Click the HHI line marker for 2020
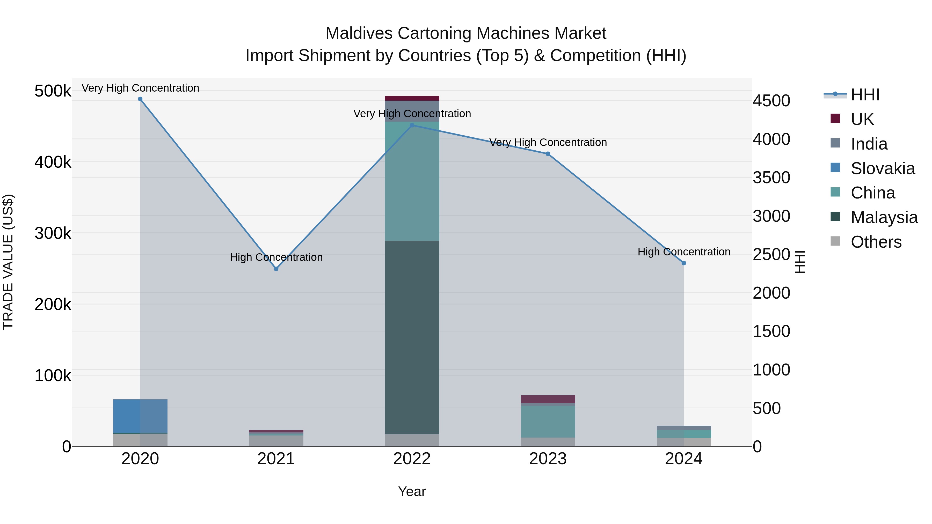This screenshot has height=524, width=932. pyautogui.click(x=140, y=99)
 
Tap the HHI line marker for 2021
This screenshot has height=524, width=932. pyautogui.click(x=276, y=269)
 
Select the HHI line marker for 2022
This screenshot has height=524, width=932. pyautogui.click(x=412, y=126)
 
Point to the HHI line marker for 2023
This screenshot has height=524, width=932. pyautogui.click(x=548, y=154)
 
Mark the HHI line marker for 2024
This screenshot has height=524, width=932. pyautogui.click(x=684, y=263)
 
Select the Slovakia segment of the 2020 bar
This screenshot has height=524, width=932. pyautogui.click(x=140, y=416)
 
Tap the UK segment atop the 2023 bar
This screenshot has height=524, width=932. pyautogui.click(x=548, y=399)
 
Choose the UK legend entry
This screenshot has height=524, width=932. pyautogui.click(x=862, y=119)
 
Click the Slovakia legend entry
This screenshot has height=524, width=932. pyautogui.click(x=883, y=168)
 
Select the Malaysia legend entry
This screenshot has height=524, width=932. pyautogui.click(x=884, y=217)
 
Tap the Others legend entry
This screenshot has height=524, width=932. pyautogui.click(x=876, y=242)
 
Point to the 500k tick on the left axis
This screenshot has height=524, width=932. pyautogui.click(x=53, y=91)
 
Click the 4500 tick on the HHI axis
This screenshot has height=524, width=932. pyautogui.click(x=771, y=101)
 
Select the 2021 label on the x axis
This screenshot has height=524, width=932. pyautogui.click(x=276, y=459)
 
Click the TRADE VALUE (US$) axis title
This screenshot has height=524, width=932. pyautogui.click(x=8, y=262)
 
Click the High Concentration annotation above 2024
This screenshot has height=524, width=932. pyautogui.click(x=684, y=252)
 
